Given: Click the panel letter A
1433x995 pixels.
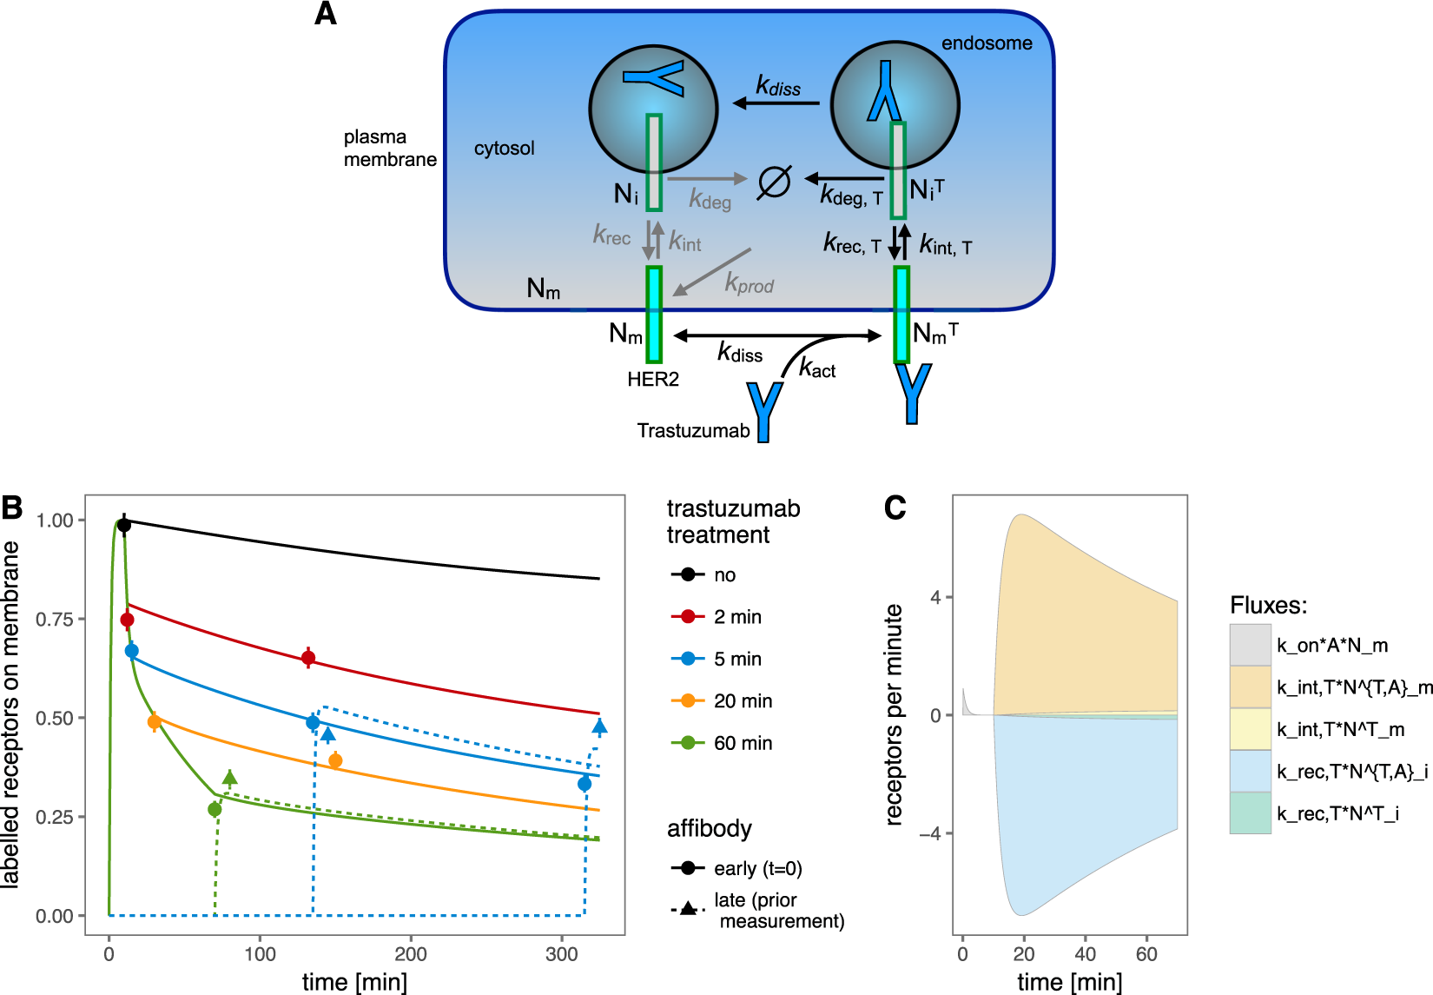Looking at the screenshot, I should [326, 15].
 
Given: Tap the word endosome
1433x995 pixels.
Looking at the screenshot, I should [987, 43].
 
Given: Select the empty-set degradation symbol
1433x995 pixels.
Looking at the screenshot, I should [774, 182].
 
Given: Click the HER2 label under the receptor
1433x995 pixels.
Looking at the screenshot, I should [653, 380].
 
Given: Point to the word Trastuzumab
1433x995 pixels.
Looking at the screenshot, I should [693, 431].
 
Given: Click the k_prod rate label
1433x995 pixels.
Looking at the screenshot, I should [749, 284].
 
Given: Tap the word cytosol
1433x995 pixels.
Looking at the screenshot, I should [504, 149].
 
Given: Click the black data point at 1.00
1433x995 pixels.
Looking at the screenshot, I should [124, 525].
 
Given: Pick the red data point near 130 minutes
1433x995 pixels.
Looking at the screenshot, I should [307, 658].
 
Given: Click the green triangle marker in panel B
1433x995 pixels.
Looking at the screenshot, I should [229, 778].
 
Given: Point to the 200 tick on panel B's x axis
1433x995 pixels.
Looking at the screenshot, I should [410, 954].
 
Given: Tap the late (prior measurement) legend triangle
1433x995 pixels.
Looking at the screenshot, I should [688, 909].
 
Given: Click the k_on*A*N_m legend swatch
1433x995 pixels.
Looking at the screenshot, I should [1250, 645].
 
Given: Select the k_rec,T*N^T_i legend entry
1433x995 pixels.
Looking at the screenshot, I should [1337, 814].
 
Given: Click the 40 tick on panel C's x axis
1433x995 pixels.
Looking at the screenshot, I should [1085, 954].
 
